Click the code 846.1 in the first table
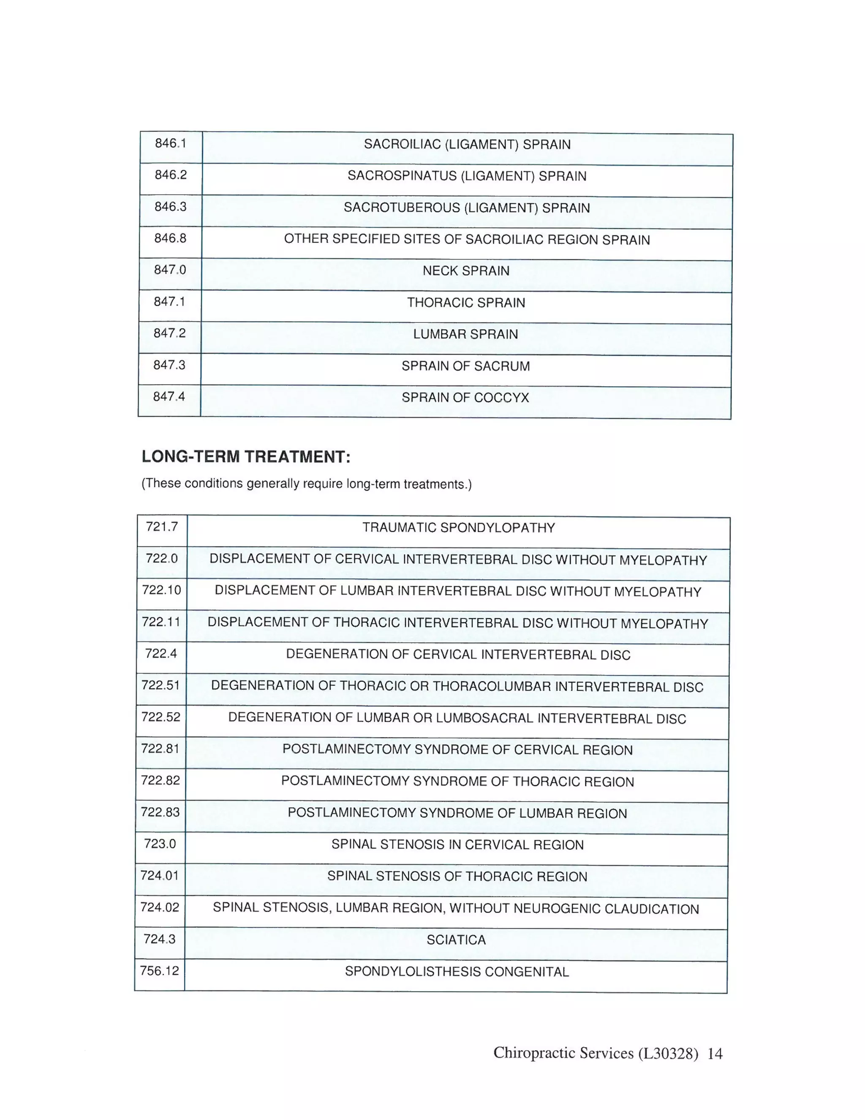pyautogui.click(x=171, y=143)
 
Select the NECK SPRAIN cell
pyautogui.click(x=466, y=271)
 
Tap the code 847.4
pyautogui.click(x=169, y=396)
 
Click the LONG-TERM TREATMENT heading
pyautogui.click(x=246, y=456)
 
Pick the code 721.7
pyautogui.click(x=161, y=527)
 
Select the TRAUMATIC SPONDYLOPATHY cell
pyautogui.click(x=459, y=528)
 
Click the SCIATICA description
pyautogui.click(x=456, y=940)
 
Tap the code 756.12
pyautogui.click(x=159, y=971)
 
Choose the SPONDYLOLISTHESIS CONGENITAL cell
pyautogui.click(x=457, y=972)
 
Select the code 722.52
pyautogui.click(x=160, y=717)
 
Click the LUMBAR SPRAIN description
pyautogui.click(x=465, y=334)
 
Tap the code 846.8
pyautogui.click(x=170, y=238)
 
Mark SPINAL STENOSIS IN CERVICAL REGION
pyautogui.click(x=457, y=844)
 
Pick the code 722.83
pyautogui.click(x=160, y=812)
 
